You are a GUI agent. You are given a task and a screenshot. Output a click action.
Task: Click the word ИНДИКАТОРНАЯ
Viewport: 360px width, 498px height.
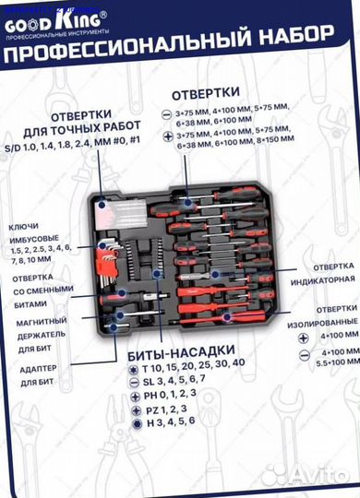(323, 279)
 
